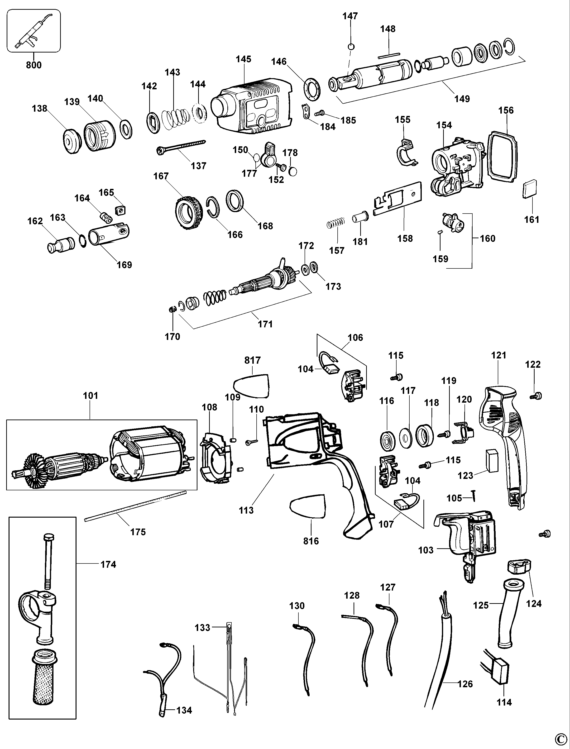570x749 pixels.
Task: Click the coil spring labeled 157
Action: (336, 224)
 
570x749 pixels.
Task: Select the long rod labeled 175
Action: (136, 506)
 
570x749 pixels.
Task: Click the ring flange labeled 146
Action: (312, 89)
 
